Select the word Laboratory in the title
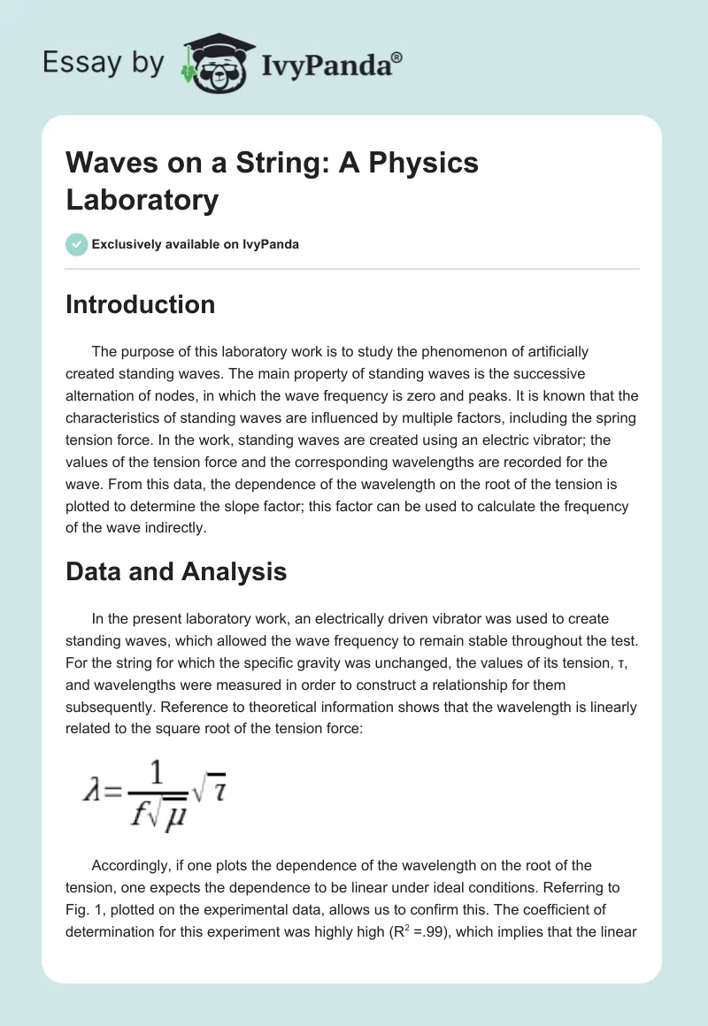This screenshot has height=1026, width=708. tap(142, 199)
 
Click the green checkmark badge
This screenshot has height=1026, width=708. tap(77, 244)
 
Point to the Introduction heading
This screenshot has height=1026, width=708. tap(140, 304)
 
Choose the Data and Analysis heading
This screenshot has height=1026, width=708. tap(176, 571)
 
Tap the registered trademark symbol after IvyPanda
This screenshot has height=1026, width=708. tap(396, 57)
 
